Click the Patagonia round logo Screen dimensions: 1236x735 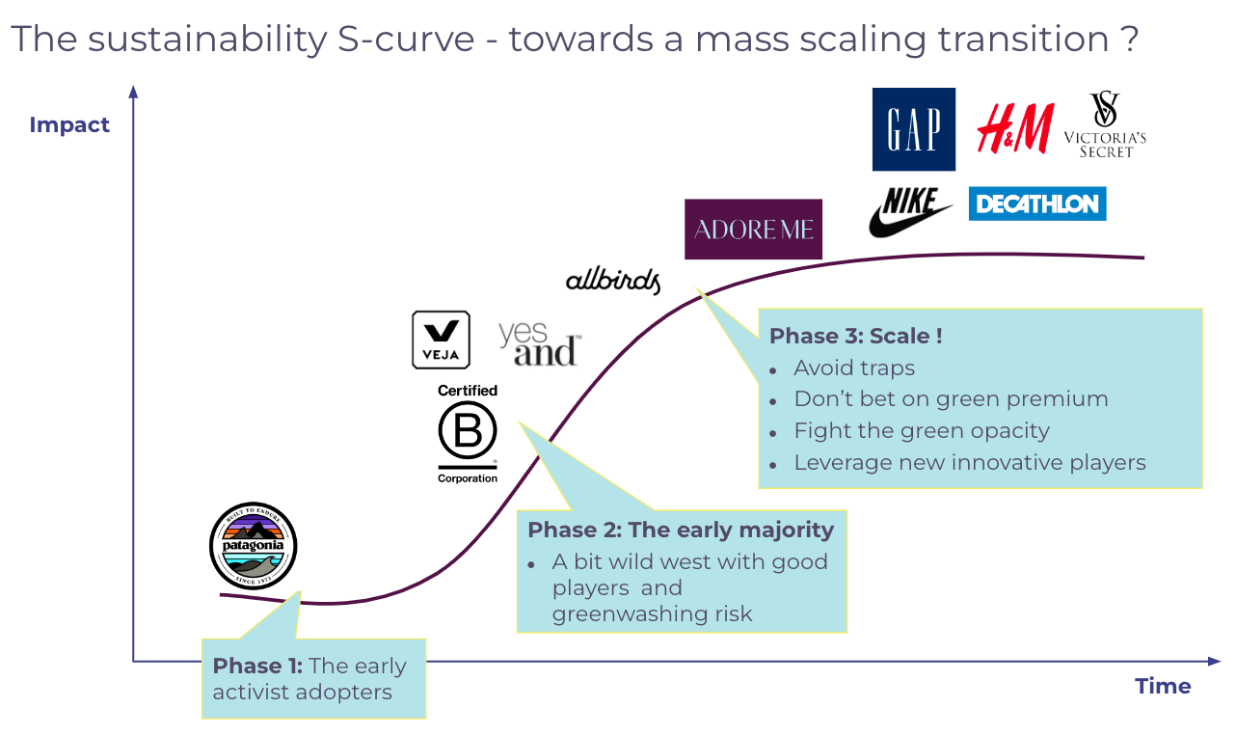coord(254,546)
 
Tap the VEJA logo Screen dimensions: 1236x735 coord(441,340)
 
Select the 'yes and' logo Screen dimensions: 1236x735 coord(539,344)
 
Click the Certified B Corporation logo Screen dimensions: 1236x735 coord(468,433)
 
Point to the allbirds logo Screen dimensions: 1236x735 coord(613,281)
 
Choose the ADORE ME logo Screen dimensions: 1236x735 coord(753,230)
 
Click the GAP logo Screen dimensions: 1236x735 coord(914,129)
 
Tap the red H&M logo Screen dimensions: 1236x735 coord(1015,128)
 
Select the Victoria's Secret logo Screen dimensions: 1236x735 coord(1105,125)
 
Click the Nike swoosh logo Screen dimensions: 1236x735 coord(909,213)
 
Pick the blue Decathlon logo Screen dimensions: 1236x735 coord(1037,204)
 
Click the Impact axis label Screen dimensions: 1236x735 coord(69,125)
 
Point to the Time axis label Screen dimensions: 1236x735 coord(1163,687)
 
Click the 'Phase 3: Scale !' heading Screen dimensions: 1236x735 coord(856,336)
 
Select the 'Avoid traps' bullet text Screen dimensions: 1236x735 coord(854,367)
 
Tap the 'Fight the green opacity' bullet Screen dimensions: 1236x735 coord(922,431)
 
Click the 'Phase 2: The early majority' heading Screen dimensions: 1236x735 coord(681,531)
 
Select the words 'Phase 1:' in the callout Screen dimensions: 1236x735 coord(257,666)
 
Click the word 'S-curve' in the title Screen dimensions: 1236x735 coord(406,40)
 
